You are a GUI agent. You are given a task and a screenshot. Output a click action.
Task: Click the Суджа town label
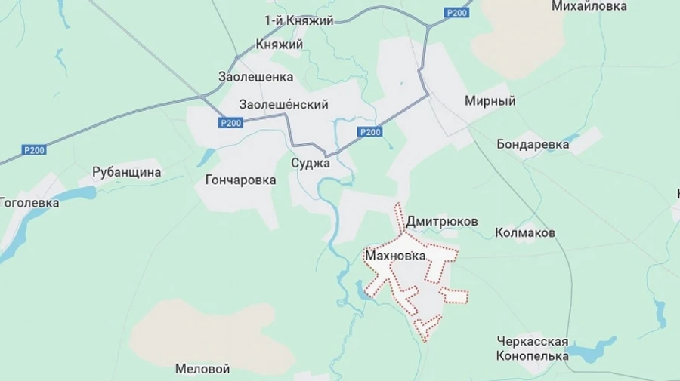pyautogui.click(x=311, y=163)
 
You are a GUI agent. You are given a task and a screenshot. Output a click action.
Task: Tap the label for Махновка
pyautogui.click(x=395, y=257)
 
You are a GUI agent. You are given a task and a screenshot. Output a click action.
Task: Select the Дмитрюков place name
pyautogui.click(x=442, y=222)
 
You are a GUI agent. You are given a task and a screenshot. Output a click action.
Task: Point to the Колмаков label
pyautogui.click(x=525, y=232)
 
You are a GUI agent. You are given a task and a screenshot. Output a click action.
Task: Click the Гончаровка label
pyautogui.click(x=240, y=180)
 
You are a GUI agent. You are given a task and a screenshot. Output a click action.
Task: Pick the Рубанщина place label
pyautogui.click(x=127, y=172)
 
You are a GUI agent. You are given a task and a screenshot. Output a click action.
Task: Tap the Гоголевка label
pyautogui.click(x=29, y=202)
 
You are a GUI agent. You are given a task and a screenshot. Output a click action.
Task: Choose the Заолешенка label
pyautogui.click(x=255, y=77)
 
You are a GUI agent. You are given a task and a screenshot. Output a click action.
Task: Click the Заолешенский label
pyautogui.click(x=283, y=104)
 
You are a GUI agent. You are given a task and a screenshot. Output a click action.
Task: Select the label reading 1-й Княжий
pyautogui.click(x=298, y=20)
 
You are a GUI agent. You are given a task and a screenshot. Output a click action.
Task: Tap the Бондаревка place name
pyautogui.click(x=532, y=143)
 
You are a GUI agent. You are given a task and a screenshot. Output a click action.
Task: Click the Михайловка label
pyautogui.click(x=589, y=6)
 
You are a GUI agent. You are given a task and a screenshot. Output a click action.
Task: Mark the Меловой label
pyautogui.click(x=202, y=369)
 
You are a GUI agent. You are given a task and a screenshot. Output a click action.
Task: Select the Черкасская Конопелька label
pyautogui.click(x=533, y=349)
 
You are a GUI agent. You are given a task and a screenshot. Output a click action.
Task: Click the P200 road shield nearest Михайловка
pyautogui.click(x=457, y=12)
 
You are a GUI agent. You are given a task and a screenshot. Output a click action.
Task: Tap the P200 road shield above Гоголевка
pyautogui.click(x=33, y=150)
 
